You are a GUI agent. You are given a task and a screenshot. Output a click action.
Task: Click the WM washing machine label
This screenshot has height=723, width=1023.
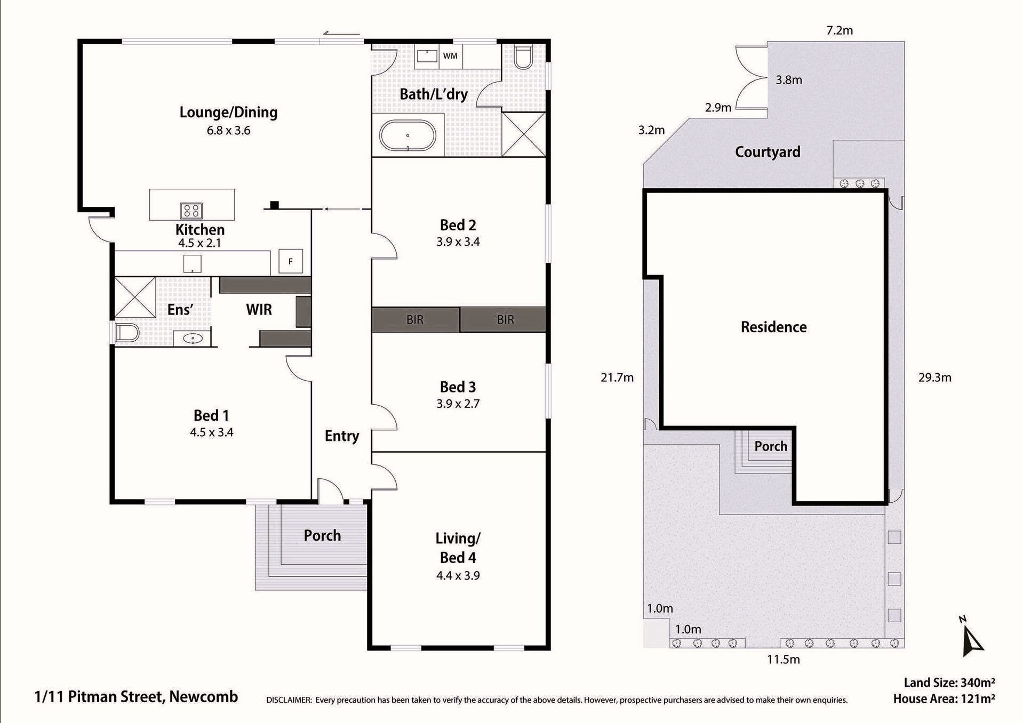coord(450,56)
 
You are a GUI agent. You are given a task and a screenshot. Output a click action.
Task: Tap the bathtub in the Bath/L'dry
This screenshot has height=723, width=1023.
coord(407,135)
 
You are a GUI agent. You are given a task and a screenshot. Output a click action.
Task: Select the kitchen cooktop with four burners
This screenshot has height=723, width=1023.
coord(191,211)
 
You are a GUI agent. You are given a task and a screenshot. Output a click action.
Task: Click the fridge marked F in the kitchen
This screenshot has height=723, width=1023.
coord(291,261)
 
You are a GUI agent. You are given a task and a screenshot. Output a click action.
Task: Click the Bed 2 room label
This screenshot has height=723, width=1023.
coord(458,225)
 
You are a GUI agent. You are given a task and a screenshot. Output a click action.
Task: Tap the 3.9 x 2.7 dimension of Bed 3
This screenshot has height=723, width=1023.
coord(458,404)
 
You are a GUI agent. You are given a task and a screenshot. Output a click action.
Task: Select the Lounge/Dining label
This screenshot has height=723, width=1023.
coord(228,112)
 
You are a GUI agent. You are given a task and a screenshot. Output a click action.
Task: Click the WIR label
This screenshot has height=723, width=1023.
coord(259,309)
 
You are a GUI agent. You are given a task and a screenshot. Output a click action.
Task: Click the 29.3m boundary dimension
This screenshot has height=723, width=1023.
coord(934,377)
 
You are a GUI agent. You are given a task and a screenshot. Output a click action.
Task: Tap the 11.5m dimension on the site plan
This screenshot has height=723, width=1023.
coord(784,660)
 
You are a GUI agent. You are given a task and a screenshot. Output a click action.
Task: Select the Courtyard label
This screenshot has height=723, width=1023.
coord(768,152)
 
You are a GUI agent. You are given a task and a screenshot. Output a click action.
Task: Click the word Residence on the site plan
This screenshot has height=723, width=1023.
coord(773,327)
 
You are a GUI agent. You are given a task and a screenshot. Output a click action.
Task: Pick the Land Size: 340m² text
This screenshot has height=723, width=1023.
coord(949,682)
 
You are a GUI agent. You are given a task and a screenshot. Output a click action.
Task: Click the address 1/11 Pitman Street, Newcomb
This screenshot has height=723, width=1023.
coord(136,696)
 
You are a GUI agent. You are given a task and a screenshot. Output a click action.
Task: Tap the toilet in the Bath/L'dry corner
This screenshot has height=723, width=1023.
coord(523,57)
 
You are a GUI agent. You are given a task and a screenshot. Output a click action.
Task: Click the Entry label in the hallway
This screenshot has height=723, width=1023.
coord(342,436)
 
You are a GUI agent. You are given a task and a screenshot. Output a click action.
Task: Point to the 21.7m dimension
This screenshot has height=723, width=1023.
coord(617,377)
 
